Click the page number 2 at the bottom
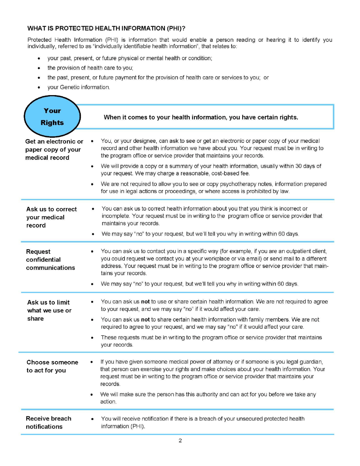pyautogui.click(x=180, y=440)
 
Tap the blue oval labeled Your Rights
pyautogui.click(x=52, y=117)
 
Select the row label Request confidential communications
pyautogui.click(x=50, y=260)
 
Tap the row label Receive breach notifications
pyautogui.click(x=48, y=422)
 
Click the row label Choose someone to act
pyautogui.click(x=52, y=366)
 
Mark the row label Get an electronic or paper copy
pyautogui.click(x=54, y=149)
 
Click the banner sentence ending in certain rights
pyautogui.click(x=201, y=117)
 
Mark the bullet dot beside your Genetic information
pyautogui.click(x=39, y=88)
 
